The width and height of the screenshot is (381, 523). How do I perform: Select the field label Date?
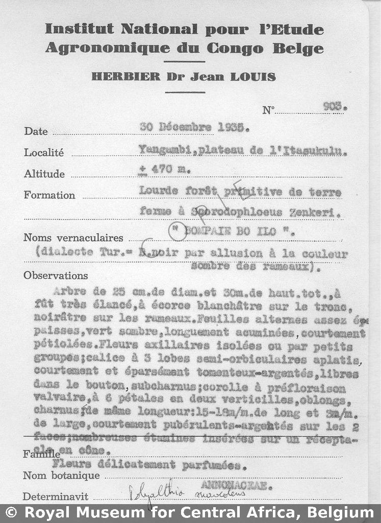click(x=36, y=131)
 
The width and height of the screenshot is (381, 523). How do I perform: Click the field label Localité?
click(x=44, y=152)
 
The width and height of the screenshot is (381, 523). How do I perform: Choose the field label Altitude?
click(x=44, y=174)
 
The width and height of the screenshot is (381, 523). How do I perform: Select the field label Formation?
click(x=49, y=195)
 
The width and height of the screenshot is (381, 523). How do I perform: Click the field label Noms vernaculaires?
click(x=73, y=237)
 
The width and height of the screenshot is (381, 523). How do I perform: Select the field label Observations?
click(x=56, y=275)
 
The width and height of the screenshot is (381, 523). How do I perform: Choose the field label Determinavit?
click(x=56, y=496)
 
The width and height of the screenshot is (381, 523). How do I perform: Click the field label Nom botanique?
click(x=61, y=476)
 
